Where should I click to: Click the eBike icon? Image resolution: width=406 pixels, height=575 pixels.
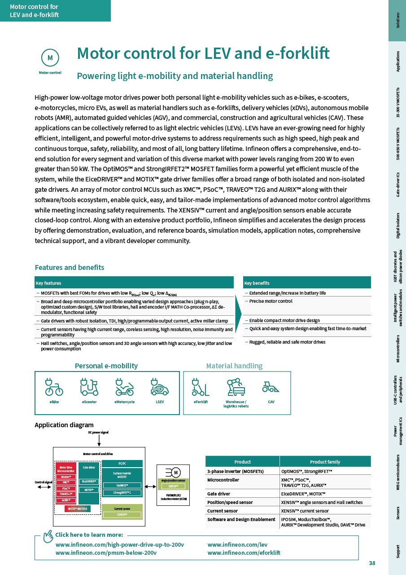(x=54, y=386)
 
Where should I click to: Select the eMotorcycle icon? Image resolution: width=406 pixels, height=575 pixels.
(x=124, y=386)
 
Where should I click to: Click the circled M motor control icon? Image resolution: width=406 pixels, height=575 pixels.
(x=50, y=57)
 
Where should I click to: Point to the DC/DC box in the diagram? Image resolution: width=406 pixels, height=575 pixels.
(x=122, y=463)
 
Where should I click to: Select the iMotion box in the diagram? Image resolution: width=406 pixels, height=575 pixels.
(x=66, y=477)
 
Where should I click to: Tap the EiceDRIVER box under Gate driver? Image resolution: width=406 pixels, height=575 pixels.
(x=89, y=482)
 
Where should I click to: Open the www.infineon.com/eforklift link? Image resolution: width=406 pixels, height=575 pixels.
(x=244, y=553)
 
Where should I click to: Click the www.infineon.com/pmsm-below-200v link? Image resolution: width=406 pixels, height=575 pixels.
(x=106, y=553)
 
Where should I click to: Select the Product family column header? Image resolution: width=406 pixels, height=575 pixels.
(x=325, y=462)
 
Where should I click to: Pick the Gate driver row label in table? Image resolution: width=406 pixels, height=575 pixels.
(x=218, y=494)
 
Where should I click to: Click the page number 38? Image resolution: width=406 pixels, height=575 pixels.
(x=371, y=563)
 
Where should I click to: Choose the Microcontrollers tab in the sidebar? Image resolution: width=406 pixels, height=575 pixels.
(x=397, y=348)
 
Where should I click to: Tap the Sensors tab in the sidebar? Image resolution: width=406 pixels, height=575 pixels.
(x=397, y=513)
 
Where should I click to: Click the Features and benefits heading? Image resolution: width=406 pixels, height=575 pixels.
(x=70, y=268)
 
